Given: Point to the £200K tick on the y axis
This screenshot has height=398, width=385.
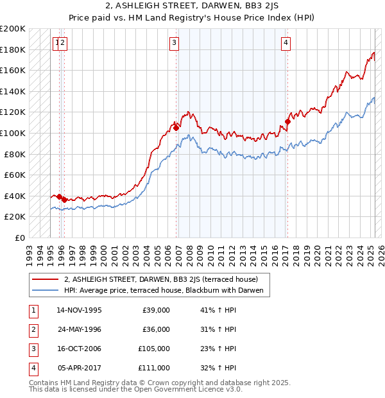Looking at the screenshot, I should tap(13, 29).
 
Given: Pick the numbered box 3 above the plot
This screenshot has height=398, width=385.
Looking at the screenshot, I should tap(175, 43).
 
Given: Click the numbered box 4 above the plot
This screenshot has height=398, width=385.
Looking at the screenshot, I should tap(286, 43).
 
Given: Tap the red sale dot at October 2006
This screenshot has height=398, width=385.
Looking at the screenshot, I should tap(176, 128).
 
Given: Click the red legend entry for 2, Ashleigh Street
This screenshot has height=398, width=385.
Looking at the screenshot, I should tap(160, 279).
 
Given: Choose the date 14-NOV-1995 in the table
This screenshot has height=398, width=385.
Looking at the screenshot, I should tap(80, 310).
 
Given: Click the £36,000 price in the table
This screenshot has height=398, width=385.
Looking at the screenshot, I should tap(156, 329).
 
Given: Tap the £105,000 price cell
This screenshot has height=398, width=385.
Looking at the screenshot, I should tap(154, 349).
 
